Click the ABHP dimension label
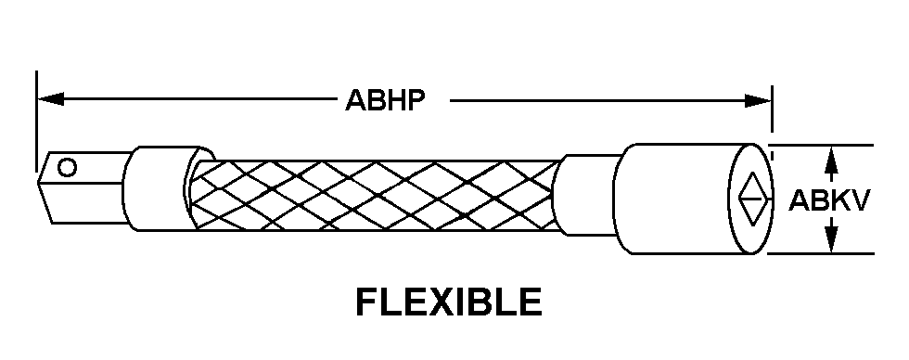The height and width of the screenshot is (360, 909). pos(386,100)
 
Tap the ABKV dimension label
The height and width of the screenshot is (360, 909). pos(829,200)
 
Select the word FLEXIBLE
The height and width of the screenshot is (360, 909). pos(449,302)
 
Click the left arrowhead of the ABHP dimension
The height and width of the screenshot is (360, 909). pos(50,99)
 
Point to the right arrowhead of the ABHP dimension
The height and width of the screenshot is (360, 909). pos(758,100)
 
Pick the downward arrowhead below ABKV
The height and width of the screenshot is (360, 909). pos(831,238)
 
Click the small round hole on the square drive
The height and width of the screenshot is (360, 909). pos(67,168)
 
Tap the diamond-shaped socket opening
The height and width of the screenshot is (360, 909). pos(752,199)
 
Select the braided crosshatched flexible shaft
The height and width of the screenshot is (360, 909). pos(374,195)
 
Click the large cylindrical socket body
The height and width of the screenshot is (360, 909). pos(693,199)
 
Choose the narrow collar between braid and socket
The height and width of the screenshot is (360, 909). pos(586,196)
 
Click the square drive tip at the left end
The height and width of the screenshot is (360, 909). pos(83,187)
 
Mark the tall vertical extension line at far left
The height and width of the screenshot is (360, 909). pos(36,122)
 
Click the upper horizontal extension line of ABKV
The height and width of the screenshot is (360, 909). pos(821,145)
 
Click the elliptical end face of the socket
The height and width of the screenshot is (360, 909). pos(750,199)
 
